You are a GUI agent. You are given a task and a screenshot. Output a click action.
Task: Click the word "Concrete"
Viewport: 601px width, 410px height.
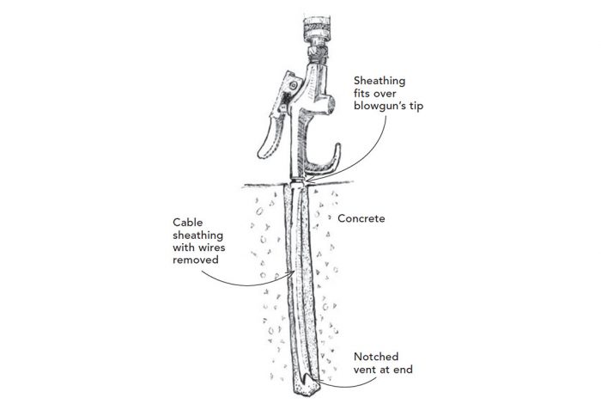click(361, 218)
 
